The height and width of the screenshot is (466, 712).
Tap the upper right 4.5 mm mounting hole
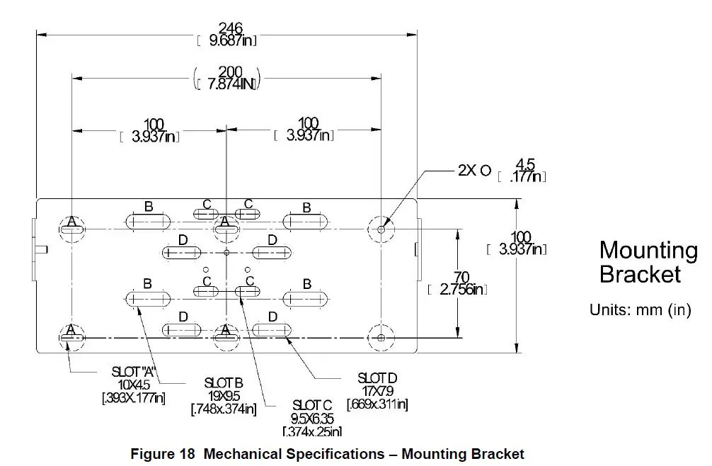pos(381,229)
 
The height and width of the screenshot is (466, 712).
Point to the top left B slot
pos(148,222)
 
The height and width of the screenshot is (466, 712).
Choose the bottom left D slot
pos(183,330)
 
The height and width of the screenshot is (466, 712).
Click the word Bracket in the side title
pos(640,275)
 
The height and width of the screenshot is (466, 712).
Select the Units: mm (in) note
pos(640,310)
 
